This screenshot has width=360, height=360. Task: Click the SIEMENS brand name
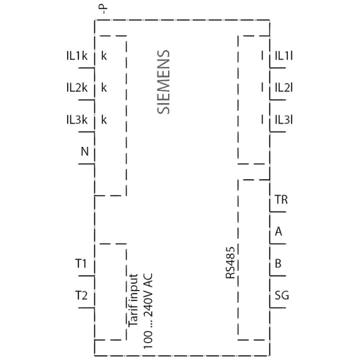click(163, 82)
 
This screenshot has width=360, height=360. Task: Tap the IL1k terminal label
click(77, 56)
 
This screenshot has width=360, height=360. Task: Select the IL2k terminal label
click(77, 88)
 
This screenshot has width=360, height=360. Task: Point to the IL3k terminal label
click(77, 120)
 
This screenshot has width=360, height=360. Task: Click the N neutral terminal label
click(85, 151)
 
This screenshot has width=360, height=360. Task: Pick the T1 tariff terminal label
click(81, 263)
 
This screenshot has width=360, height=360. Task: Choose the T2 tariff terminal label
click(81, 295)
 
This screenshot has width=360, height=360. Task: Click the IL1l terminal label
click(284, 56)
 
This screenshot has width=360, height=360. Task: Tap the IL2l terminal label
click(284, 88)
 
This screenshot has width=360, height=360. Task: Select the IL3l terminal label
click(284, 120)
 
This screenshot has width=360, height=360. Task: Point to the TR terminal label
click(281, 200)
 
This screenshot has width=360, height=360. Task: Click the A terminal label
click(279, 232)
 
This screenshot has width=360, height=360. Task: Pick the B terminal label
click(278, 263)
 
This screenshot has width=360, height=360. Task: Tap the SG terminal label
click(282, 295)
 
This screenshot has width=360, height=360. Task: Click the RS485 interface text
click(230, 263)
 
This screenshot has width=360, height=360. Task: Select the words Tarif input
click(133, 300)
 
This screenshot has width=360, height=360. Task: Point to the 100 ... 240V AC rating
click(148, 311)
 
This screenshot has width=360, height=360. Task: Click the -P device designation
click(104, 10)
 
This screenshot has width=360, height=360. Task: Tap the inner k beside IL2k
click(104, 88)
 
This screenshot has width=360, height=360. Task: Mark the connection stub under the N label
click(86, 164)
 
